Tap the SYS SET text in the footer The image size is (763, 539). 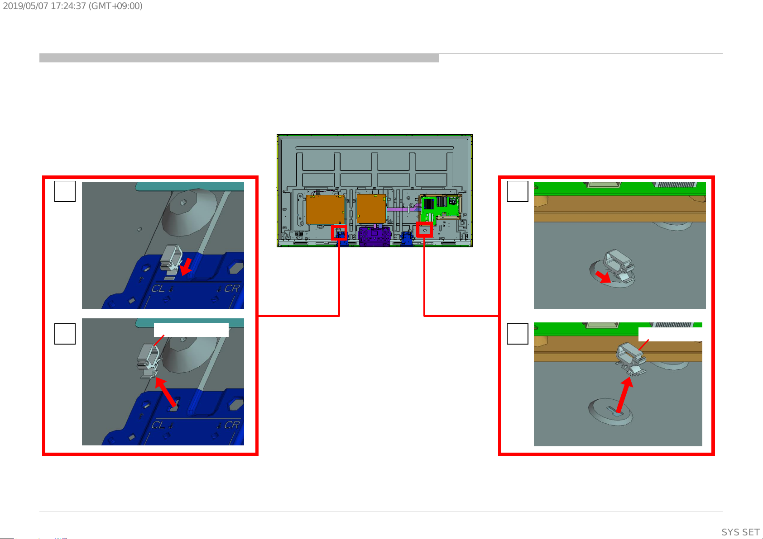pos(740,532)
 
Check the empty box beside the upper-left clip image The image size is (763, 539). pos(65,191)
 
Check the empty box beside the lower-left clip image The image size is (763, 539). pos(65,334)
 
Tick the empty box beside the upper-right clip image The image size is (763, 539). pos(518,191)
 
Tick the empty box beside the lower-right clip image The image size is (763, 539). pos(518,334)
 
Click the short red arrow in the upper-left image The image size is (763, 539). pos(186,267)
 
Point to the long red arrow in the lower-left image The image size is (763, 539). pos(166,392)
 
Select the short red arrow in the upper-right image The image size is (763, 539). pos(603,277)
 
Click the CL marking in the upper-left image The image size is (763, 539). pos(158,288)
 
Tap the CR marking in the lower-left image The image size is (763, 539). pos(232,425)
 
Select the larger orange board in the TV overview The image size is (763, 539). pos(325,209)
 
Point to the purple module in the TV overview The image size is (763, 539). pos(374,235)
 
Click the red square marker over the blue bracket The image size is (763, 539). pos(339,233)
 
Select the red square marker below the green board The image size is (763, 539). pos(424,230)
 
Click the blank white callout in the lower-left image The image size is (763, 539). pos(191,330)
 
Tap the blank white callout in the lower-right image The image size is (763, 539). pos(670,334)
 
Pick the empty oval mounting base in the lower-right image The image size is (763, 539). pos(610,412)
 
